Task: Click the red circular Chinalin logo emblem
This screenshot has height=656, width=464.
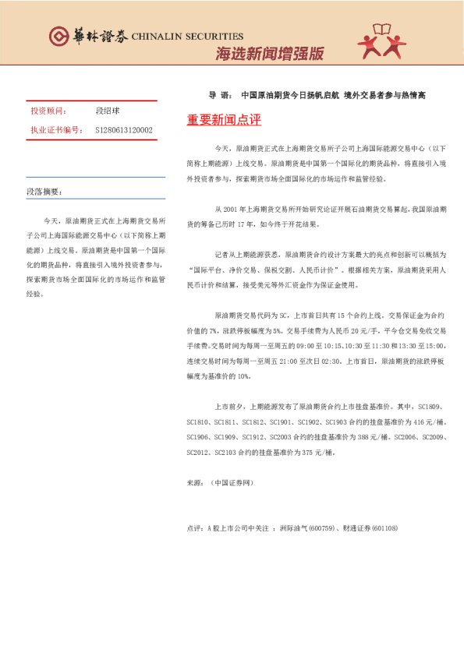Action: [x=58, y=36]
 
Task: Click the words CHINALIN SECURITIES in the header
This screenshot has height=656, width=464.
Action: [x=187, y=36]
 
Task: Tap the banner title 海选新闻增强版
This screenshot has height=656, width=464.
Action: [x=269, y=54]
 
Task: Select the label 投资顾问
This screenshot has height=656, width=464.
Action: [x=48, y=111]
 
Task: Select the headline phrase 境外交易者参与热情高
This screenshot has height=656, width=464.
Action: [x=384, y=96]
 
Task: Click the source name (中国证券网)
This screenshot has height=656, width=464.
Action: [x=232, y=483]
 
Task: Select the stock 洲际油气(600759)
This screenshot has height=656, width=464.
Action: [x=306, y=528]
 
